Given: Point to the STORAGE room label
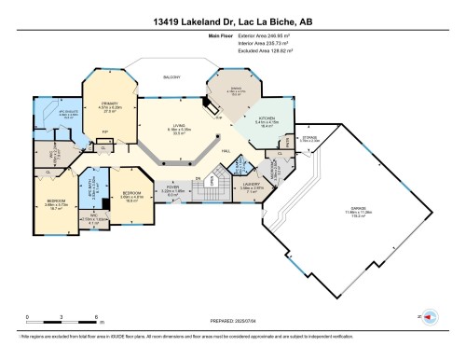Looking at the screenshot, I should (309, 138).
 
